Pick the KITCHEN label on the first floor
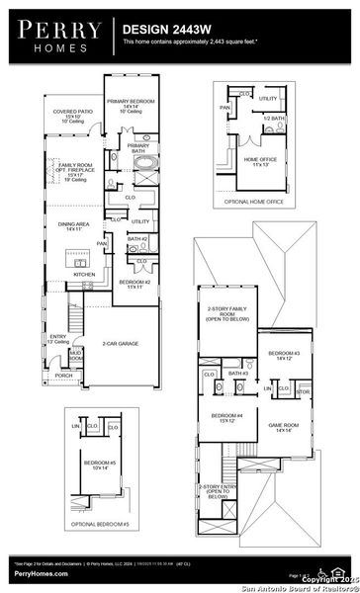[70, 275]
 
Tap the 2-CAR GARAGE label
[120, 344]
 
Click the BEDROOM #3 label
[284, 355]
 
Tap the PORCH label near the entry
[63, 376]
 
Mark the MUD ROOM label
[75, 355]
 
